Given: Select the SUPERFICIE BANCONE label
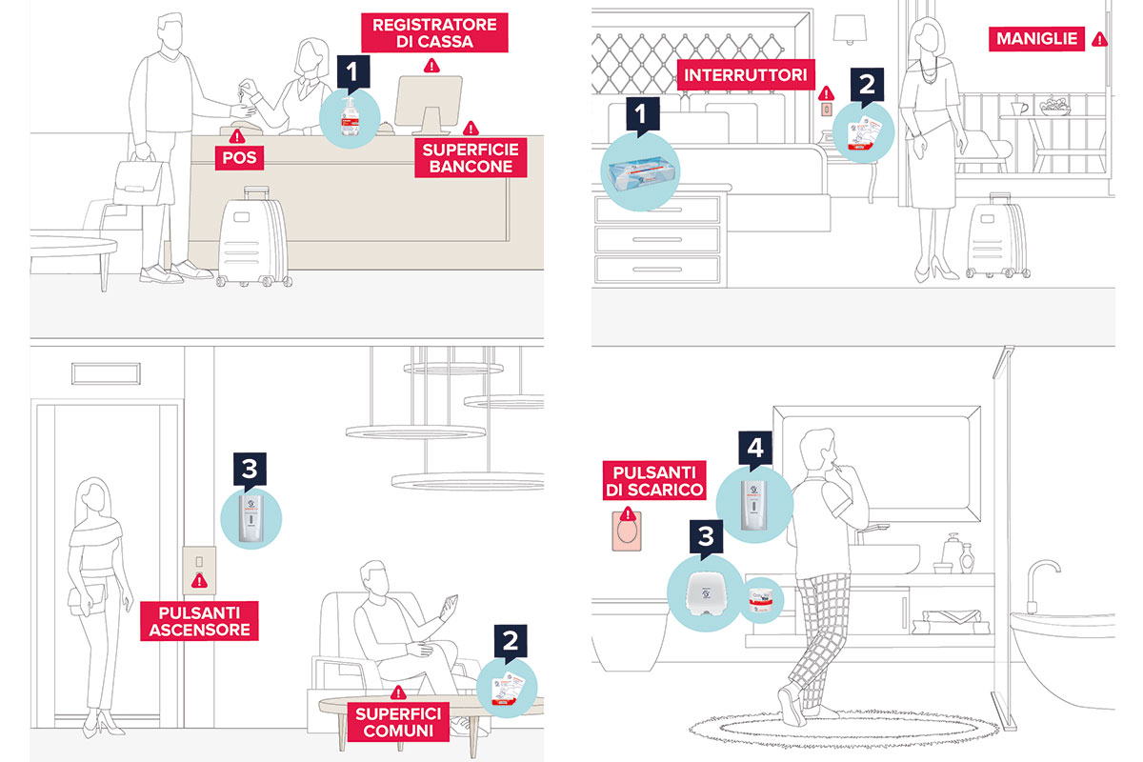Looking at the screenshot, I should click(468, 157).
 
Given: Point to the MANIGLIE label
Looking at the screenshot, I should click(1036, 39).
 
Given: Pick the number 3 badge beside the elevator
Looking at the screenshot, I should click(248, 469).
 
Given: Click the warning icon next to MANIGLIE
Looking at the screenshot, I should click(1099, 39).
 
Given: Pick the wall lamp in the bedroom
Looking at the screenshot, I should click(845, 30).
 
